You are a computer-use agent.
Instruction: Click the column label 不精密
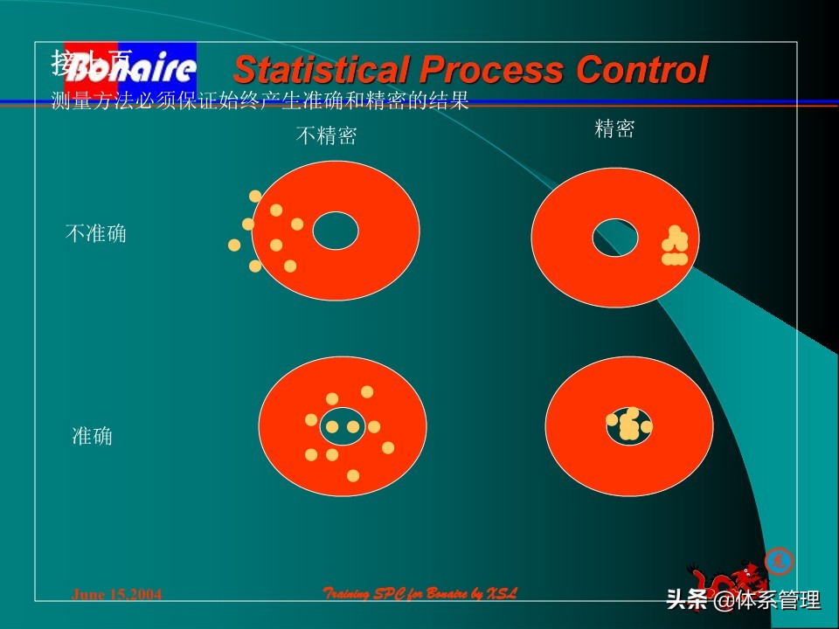coord(326,136)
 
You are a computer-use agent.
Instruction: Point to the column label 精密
coord(614,130)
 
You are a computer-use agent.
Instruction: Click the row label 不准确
coord(95,234)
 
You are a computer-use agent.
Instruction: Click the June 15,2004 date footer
coord(116,595)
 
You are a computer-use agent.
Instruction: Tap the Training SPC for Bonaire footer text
coord(419,594)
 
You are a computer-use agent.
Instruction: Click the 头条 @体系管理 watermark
coord(743,600)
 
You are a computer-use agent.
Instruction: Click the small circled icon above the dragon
coord(778,560)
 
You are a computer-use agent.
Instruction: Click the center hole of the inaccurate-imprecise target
coord(336,231)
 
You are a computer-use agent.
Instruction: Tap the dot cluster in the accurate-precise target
coord(628,425)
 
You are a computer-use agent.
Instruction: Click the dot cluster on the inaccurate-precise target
coord(675,246)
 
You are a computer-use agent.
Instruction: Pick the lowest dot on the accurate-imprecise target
coord(353,476)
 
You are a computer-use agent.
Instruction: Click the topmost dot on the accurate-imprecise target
coord(367,392)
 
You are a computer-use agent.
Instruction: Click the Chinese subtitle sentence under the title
coord(260,102)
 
